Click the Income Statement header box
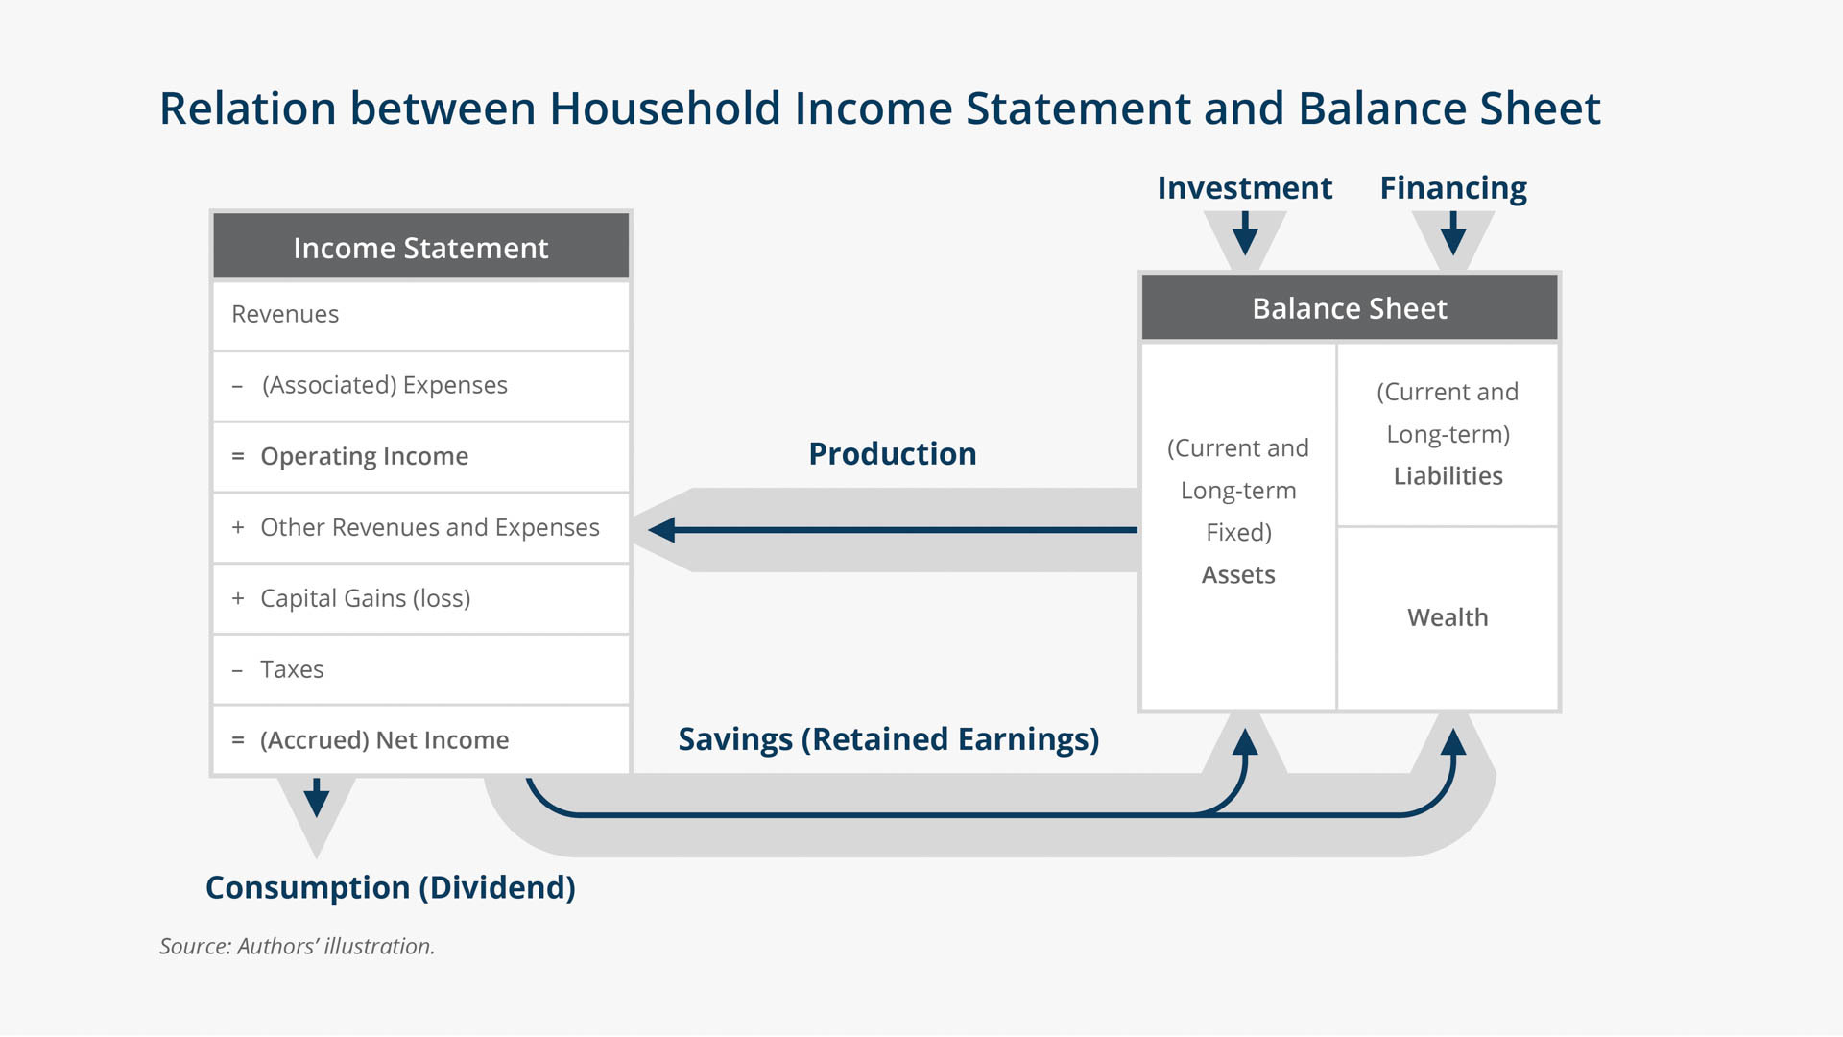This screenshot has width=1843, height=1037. (420, 247)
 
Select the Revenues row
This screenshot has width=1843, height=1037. (420, 315)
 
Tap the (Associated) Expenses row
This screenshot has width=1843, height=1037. (420, 386)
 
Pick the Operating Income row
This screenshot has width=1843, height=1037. (420, 457)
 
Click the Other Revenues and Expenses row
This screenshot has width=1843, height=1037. (420, 528)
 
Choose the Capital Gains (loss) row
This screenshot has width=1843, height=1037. (420, 599)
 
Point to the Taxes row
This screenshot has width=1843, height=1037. (420, 670)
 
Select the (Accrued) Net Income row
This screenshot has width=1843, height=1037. (420, 740)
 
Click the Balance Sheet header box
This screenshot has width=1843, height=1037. (1350, 307)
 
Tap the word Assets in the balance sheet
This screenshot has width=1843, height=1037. (1238, 575)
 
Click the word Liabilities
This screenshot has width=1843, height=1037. (1448, 476)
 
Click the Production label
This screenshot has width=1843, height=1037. (893, 453)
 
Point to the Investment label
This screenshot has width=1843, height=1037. (1245, 187)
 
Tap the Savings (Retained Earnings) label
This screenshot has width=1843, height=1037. (889, 739)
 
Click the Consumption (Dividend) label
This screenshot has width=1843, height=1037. (391, 888)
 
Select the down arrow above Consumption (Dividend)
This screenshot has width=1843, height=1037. (317, 797)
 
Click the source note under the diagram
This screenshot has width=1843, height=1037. (297, 947)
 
